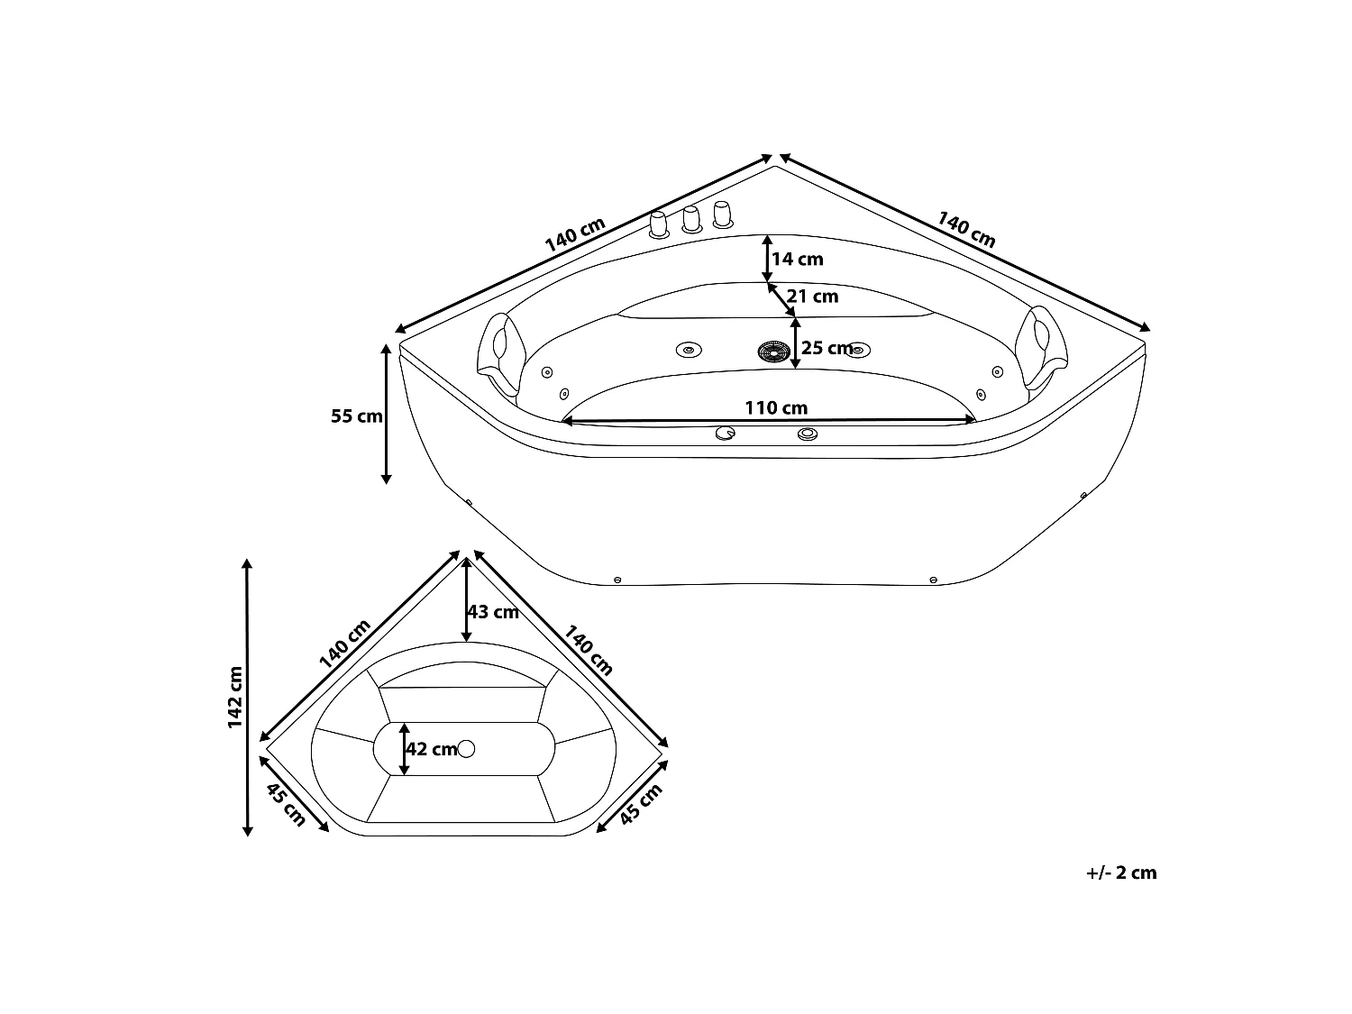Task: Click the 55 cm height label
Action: (x=357, y=416)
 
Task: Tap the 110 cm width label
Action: (x=776, y=407)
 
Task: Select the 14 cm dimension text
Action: (x=798, y=260)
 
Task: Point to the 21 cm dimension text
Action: (x=812, y=297)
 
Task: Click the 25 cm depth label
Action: (x=826, y=348)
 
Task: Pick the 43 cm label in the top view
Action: (x=493, y=612)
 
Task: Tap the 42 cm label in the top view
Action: (x=431, y=749)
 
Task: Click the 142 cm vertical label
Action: (x=235, y=697)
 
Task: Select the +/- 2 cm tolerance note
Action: (x=1121, y=873)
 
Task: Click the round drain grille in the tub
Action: (x=773, y=352)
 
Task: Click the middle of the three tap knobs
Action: (x=691, y=220)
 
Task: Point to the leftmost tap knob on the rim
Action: (x=659, y=224)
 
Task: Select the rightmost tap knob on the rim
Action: (x=723, y=215)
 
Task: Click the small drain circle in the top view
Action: (x=466, y=749)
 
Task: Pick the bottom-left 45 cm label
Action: (x=286, y=805)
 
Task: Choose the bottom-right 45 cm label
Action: (x=641, y=804)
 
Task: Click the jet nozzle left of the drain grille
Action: (x=689, y=350)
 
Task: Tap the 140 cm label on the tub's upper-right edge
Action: (x=966, y=230)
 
